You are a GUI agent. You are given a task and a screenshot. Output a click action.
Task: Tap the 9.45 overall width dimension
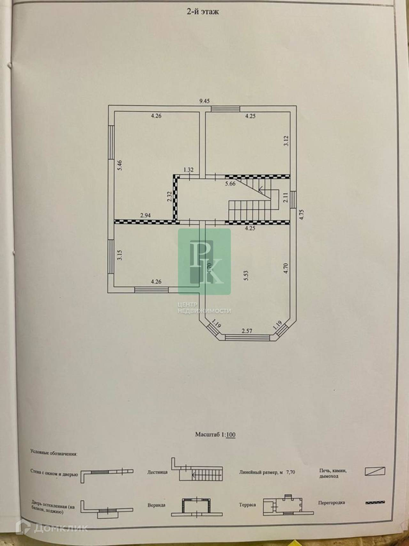[x=204, y=101]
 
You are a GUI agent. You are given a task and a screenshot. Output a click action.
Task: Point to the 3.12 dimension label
[x=286, y=141]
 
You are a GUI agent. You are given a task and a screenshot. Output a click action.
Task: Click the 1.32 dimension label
[x=189, y=170]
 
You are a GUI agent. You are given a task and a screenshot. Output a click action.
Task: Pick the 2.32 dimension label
[x=169, y=196]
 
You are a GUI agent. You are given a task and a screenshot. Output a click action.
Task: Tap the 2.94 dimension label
[x=145, y=215]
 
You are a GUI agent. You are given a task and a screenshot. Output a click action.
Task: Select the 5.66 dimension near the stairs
[x=230, y=184]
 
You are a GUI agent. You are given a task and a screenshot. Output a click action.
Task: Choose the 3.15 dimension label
[x=120, y=255]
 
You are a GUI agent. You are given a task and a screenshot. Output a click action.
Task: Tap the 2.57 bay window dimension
[x=247, y=331]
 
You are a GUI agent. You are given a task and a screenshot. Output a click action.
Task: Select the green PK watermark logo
[x=204, y=261]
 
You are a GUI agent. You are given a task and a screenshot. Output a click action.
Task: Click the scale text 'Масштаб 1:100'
[x=215, y=435]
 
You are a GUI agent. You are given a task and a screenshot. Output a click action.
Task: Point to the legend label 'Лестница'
[x=157, y=472]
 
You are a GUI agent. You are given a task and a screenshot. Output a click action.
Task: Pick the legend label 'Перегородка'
[x=331, y=502]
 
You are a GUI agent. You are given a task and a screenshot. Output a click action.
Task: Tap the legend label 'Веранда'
[x=157, y=505]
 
